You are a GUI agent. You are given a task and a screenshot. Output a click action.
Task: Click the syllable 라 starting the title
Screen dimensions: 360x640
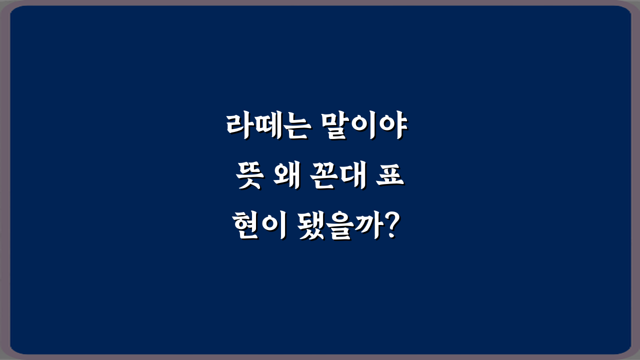(238, 128)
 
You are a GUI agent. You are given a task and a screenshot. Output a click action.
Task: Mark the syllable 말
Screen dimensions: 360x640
(336, 128)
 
